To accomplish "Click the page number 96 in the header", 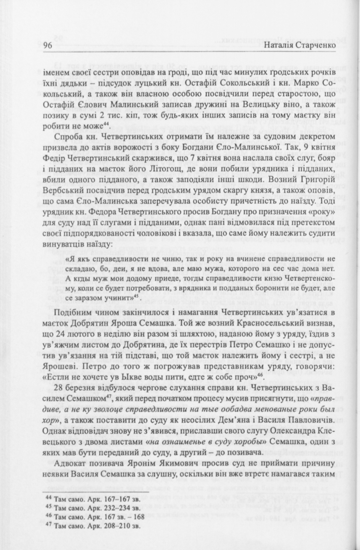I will [x=48, y=46].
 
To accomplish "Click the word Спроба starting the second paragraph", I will [x=66, y=137].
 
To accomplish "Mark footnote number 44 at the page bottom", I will [x=47, y=498].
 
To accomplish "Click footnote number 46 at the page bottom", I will [x=47, y=517].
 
